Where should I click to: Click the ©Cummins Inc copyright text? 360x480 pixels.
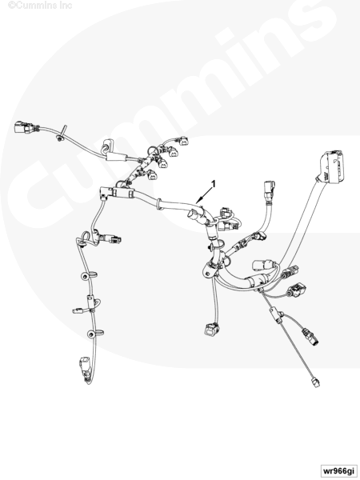click(40, 6)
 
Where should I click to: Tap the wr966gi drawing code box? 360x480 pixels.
click(339, 470)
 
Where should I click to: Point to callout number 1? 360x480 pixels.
click(214, 184)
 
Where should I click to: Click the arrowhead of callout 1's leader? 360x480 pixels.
click(198, 202)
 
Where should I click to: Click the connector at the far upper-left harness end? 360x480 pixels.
click(23, 127)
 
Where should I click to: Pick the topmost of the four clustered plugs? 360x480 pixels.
click(184, 141)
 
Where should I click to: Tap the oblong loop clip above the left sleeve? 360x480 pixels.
click(107, 145)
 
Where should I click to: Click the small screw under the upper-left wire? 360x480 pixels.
click(59, 139)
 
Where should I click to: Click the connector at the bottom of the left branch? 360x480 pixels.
click(85, 368)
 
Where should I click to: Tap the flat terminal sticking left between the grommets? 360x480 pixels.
click(79, 310)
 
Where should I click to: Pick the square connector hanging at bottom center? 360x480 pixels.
click(211, 329)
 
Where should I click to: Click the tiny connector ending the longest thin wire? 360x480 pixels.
click(315, 382)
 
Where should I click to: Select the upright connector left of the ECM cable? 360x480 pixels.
click(269, 190)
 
